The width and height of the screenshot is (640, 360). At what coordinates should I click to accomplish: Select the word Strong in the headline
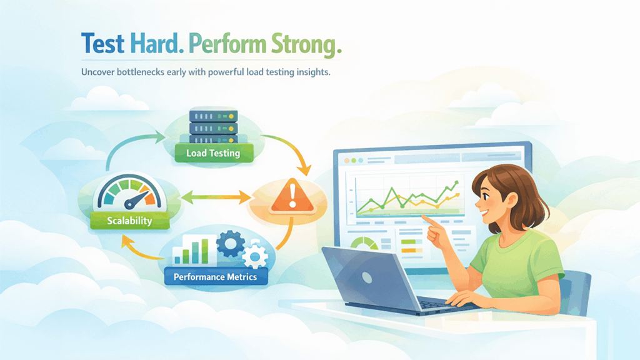[x=306, y=44]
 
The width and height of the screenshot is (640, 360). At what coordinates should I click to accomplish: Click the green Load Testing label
[x=212, y=152]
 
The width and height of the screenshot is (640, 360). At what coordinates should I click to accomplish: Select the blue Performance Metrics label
[x=215, y=276]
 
